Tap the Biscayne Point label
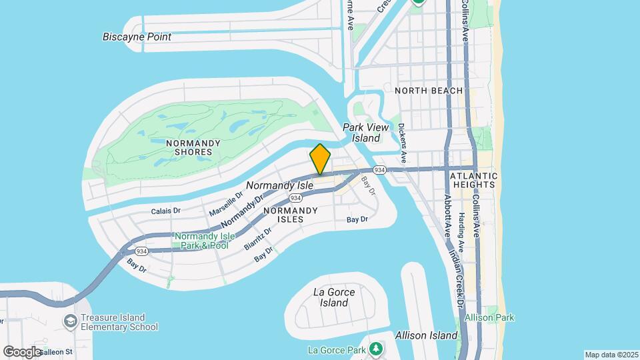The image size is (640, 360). [137, 37]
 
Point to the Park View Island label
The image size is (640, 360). [361, 133]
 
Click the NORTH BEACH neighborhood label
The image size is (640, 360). [429, 91]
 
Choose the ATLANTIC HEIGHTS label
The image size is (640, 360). [473, 179]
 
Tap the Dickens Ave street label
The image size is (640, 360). [402, 142]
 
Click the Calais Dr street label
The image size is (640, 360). [165, 211]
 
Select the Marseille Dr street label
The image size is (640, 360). [227, 203]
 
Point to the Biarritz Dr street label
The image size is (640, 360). [257, 238]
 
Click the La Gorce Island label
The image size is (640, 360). [333, 297]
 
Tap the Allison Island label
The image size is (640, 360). [426, 335]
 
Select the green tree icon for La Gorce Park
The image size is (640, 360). [377, 349]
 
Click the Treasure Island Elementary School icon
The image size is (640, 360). [69, 322]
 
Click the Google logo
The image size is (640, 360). [22, 351]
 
